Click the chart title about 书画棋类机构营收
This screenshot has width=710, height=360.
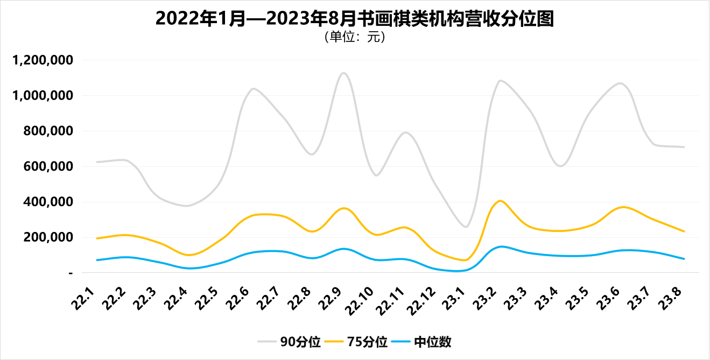tap(355, 19)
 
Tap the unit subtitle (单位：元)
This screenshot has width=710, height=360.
tap(355, 38)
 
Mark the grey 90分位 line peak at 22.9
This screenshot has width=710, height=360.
tap(343, 73)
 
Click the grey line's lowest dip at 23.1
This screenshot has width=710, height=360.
tap(466, 227)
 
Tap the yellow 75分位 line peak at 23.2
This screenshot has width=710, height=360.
tap(500, 201)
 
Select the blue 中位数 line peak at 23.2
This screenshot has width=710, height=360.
tap(501, 246)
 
